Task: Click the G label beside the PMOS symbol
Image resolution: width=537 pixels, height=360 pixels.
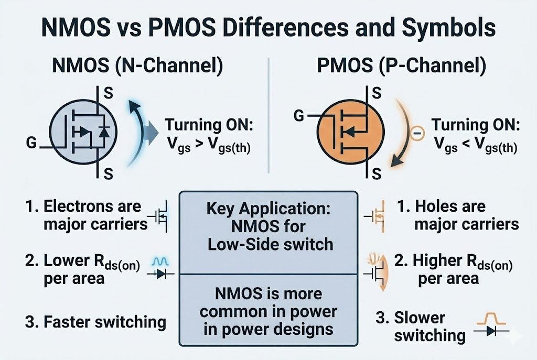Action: [299, 115]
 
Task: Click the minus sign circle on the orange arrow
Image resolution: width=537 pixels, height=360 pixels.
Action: [417, 134]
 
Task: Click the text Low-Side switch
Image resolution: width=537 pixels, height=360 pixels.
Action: [268, 244]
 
